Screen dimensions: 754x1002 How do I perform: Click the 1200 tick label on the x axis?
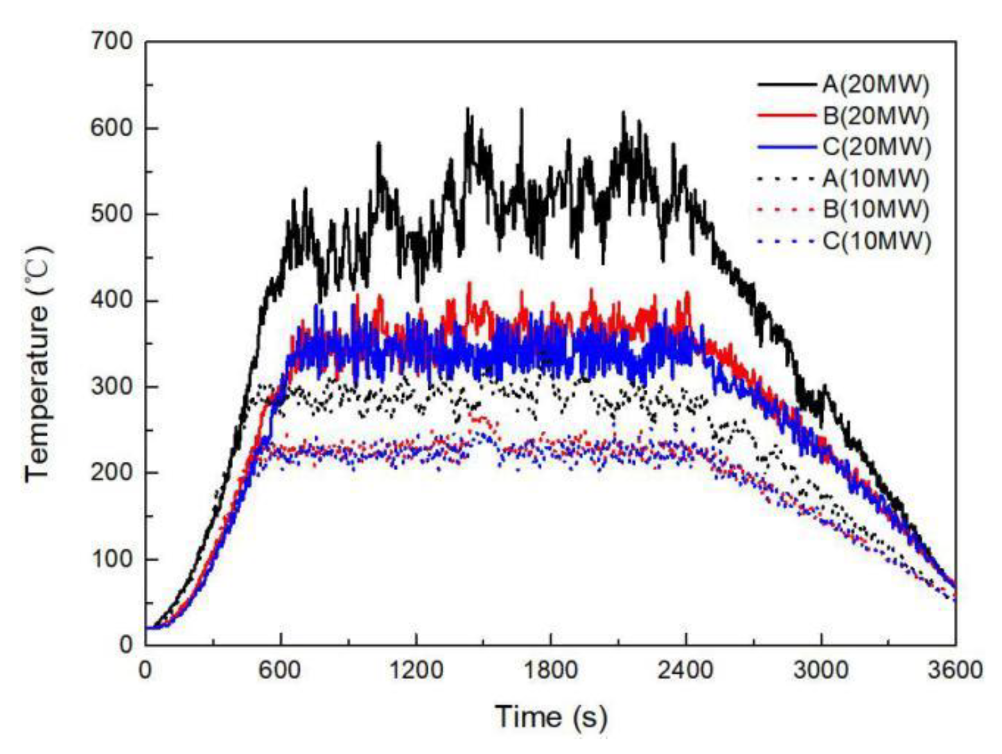coord(416,671)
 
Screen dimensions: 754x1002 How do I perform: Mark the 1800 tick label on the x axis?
coord(551,671)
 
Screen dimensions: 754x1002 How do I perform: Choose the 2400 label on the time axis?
coord(686,671)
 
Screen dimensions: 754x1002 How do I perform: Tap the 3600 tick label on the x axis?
coord(956,671)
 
